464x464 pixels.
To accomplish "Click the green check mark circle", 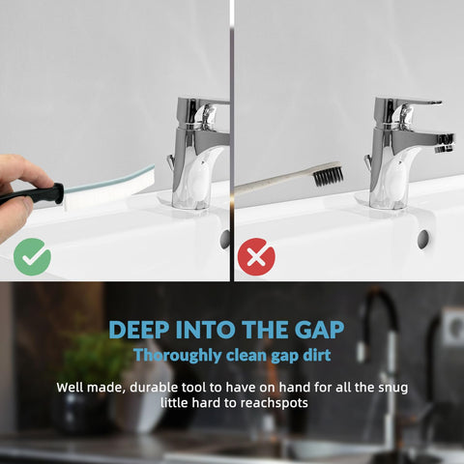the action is pos(32,257).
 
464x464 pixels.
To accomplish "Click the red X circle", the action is pos(256,257).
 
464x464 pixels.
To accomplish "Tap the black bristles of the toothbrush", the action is pos(328,175).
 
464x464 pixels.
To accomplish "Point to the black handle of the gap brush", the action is pos(32,194).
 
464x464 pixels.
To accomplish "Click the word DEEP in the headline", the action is pos(139,330).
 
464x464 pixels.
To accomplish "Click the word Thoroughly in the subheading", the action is pos(178,356).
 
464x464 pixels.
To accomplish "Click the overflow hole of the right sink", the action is pos(423,240).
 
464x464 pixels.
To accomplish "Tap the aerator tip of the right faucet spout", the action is pos(445,144).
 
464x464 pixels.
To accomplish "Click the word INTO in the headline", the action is pos(206,330).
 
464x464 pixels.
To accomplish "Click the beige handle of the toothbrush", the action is pos(274,183).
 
